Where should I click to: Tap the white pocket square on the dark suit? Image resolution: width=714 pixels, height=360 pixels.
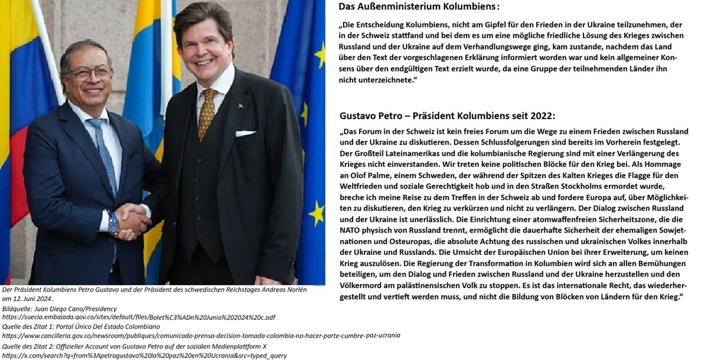pyautogui.click(x=245, y=133)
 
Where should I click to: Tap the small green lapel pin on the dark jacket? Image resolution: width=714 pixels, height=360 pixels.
pyautogui.click(x=240, y=106)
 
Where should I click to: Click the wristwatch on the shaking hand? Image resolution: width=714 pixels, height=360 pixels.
pyautogui.click(x=113, y=222)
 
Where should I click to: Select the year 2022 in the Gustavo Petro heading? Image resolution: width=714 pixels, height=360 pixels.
pyautogui.click(x=542, y=116)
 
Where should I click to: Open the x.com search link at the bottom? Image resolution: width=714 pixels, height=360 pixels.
pyautogui.click(x=145, y=356)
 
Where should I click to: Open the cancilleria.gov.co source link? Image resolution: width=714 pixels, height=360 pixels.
pyautogui.click(x=201, y=335)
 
